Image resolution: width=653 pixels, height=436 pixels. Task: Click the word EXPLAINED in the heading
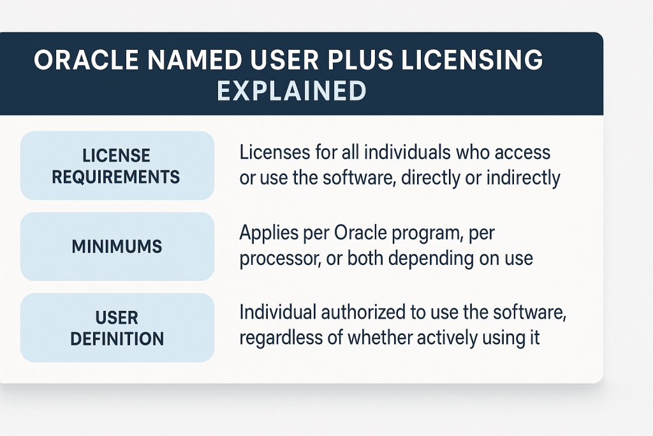tap(291, 91)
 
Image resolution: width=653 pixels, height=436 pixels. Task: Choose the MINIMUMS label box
tap(117, 246)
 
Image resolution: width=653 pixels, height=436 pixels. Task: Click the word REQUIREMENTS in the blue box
tap(116, 176)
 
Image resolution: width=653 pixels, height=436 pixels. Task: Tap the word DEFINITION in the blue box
tap(117, 338)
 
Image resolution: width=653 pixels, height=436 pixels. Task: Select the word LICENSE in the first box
tap(116, 156)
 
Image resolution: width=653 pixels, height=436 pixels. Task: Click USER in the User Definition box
tap(117, 318)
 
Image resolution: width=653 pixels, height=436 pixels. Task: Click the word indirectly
tap(524, 177)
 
